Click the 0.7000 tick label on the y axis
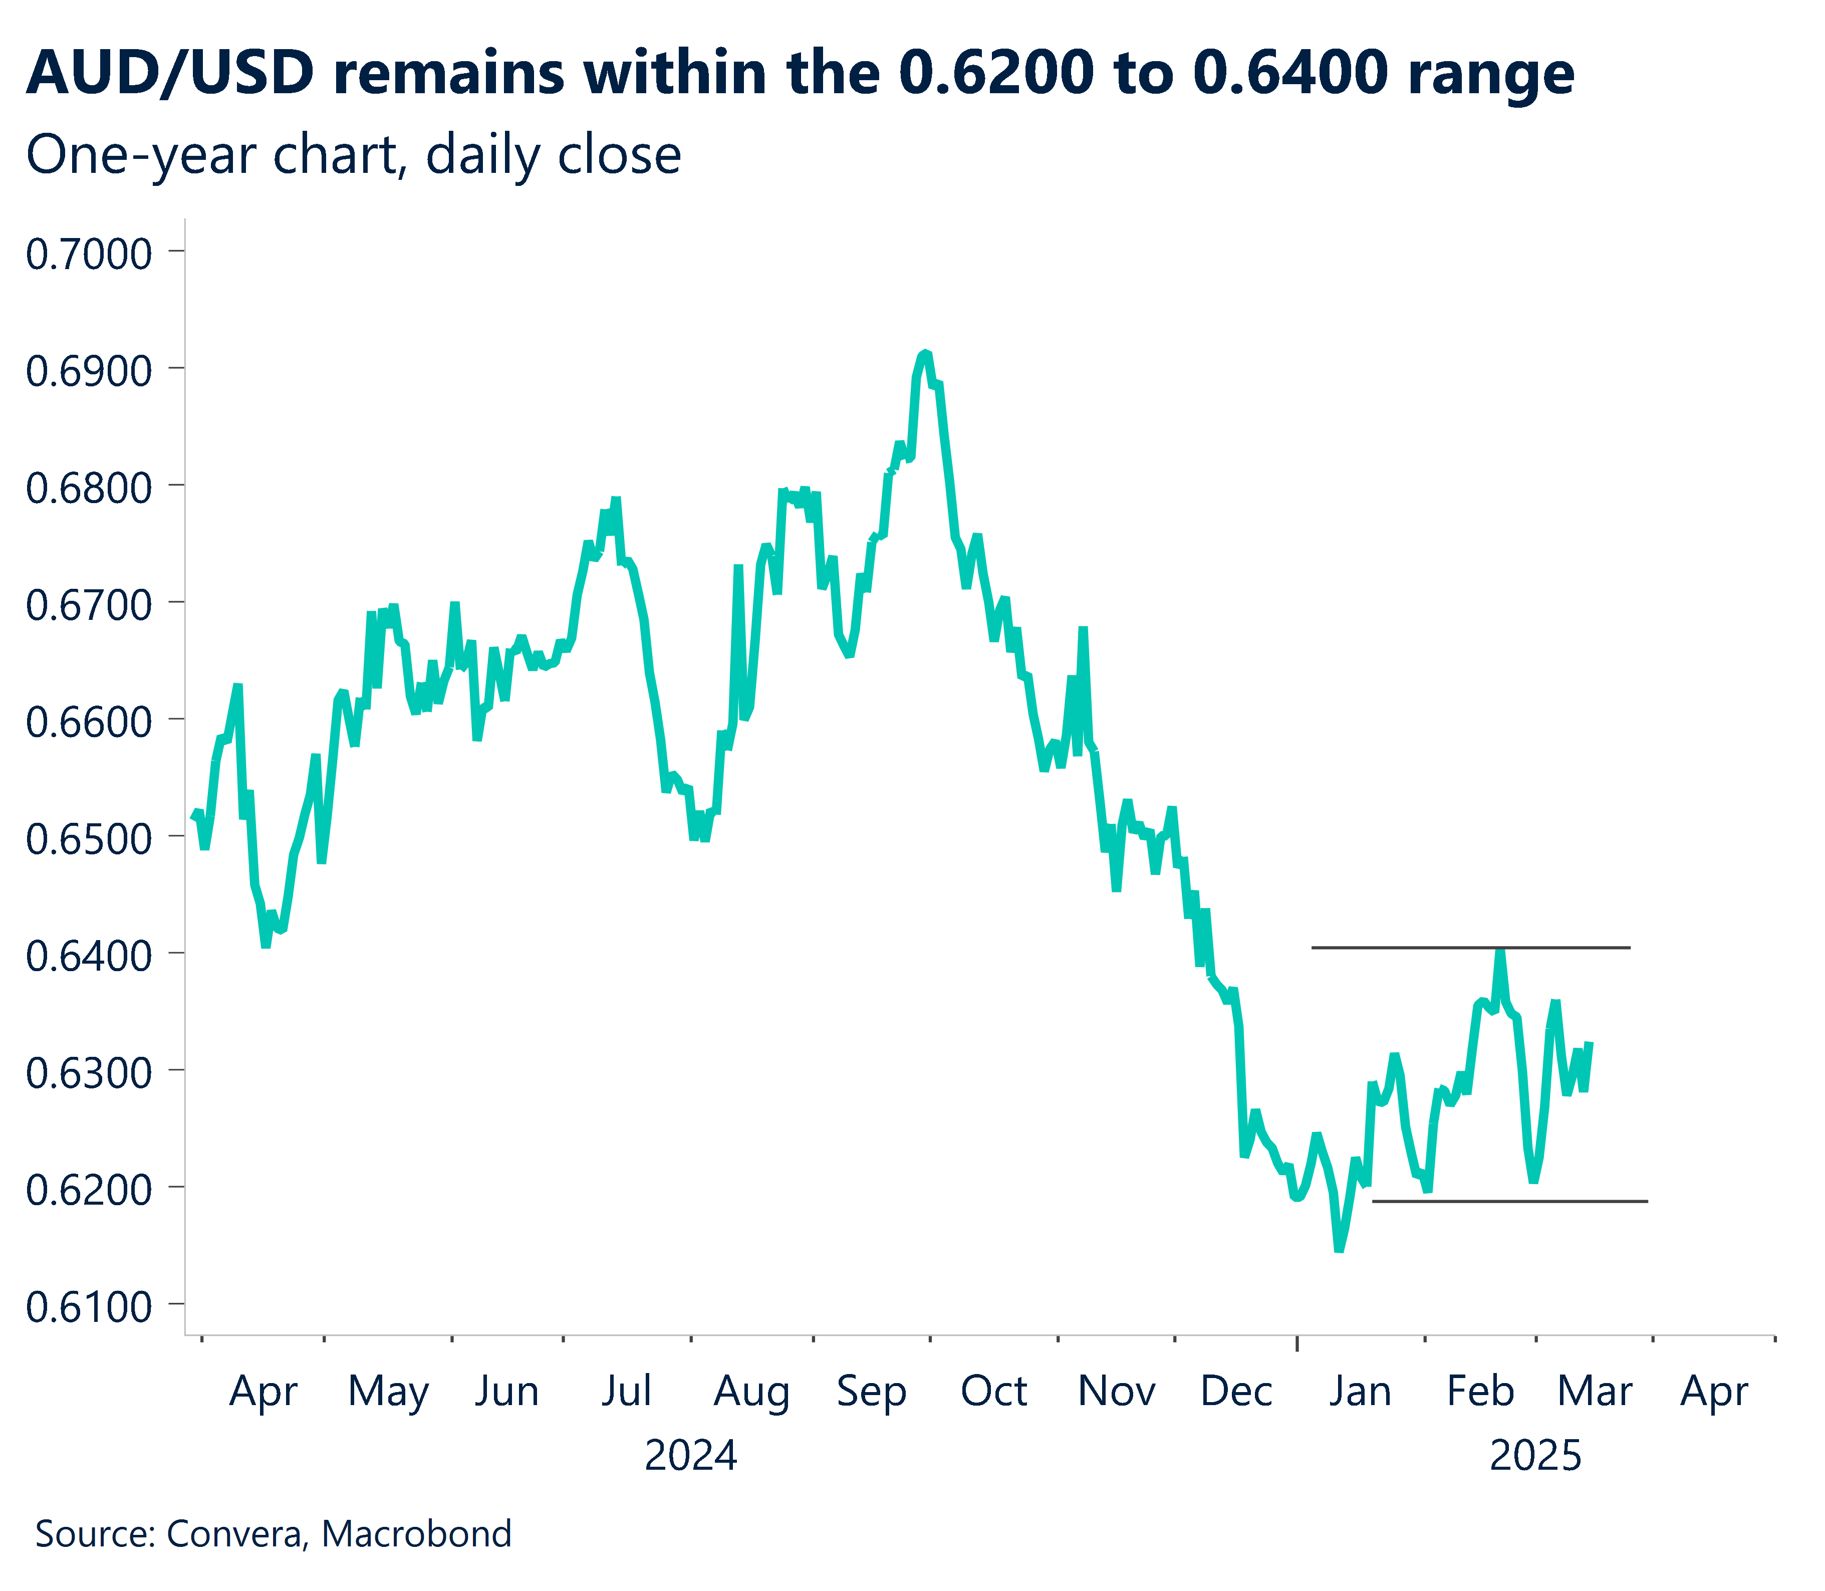(89, 255)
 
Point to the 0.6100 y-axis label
(89, 1307)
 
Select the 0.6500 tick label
(89, 839)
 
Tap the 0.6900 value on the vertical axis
(89, 371)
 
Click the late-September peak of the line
(925, 353)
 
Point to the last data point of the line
(1589, 1044)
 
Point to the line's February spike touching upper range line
(1500, 952)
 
